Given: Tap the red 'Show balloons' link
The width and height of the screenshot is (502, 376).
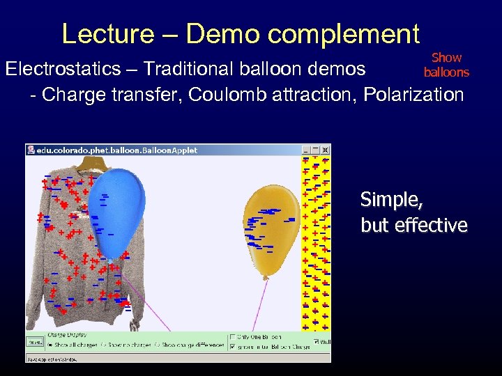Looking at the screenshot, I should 446,65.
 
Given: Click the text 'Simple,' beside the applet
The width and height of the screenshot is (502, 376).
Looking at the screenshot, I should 390,200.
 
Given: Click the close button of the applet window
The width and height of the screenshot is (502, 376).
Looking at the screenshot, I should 325,150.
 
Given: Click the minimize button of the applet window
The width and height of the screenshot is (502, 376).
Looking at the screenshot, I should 305,150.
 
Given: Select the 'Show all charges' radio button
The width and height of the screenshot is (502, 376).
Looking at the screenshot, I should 50,345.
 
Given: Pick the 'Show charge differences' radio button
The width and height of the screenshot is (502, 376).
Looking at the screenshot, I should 158,345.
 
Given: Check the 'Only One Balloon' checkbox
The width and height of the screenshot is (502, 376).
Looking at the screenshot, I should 233,338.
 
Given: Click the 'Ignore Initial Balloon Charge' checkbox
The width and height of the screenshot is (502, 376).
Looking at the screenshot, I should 233,346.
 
